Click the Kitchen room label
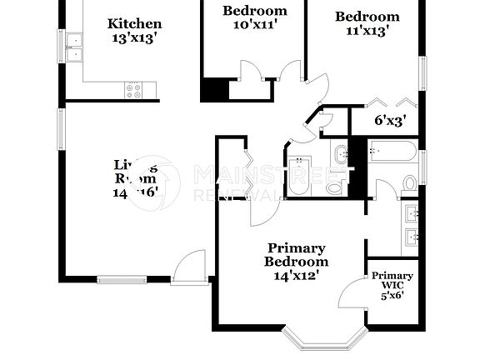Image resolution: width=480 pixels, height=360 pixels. (x=135, y=24)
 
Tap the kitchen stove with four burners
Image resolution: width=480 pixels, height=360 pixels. (x=135, y=89)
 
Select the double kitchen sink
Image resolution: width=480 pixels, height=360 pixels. (x=73, y=46)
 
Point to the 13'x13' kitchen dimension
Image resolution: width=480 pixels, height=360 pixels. (x=135, y=38)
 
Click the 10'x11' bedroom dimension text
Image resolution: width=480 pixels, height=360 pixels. (x=254, y=25)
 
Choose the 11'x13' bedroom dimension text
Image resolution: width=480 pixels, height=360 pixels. (x=367, y=31)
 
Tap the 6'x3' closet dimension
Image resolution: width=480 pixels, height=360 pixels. (x=388, y=120)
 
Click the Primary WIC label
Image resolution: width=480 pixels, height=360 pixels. (x=392, y=280)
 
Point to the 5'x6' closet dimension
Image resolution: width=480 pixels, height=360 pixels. (x=392, y=294)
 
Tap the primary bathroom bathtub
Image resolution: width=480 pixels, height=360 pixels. (x=392, y=152)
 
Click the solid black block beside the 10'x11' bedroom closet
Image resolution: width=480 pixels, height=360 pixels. (x=214, y=90)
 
